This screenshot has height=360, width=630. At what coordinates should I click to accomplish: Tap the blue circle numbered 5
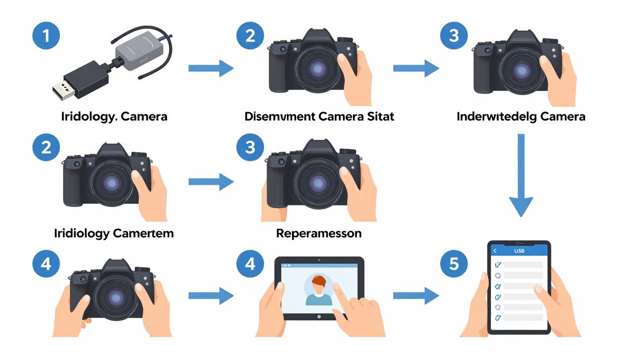click(x=454, y=264)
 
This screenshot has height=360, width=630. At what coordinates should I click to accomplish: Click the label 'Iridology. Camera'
click(x=114, y=117)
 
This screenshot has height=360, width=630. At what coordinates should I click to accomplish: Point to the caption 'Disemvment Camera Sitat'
click(x=319, y=117)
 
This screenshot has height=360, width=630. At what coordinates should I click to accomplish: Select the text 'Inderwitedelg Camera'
click(x=521, y=117)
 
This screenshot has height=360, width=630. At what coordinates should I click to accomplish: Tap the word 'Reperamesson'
click(x=319, y=233)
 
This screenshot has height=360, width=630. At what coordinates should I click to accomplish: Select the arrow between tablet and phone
click(x=415, y=295)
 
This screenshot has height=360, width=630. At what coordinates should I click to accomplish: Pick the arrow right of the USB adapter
click(x=210, y=68)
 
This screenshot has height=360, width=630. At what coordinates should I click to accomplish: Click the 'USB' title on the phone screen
click(x=519, y=251)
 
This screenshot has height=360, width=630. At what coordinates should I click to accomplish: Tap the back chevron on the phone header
click(x=495, y=251)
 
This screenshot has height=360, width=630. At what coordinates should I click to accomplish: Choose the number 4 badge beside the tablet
click(x=250, y=264)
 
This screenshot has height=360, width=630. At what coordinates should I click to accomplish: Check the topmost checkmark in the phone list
click(x=498, y=264)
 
